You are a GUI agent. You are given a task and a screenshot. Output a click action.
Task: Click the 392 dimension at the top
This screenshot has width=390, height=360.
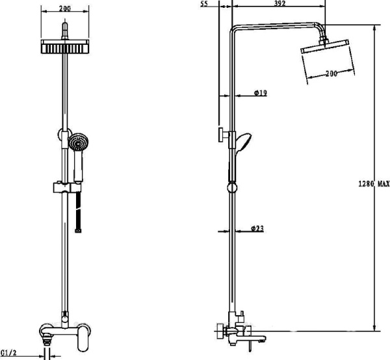point(279,3)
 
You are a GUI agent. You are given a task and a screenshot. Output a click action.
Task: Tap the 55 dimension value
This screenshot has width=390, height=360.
point(203,4)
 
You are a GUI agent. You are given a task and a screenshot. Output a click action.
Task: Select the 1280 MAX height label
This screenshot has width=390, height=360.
point(374,184)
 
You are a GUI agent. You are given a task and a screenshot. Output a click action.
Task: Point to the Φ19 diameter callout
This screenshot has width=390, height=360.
point(261,93)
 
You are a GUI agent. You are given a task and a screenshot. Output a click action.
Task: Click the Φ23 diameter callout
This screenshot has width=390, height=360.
point(257,228)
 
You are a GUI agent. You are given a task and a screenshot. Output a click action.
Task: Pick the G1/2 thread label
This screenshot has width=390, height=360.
point(8,353)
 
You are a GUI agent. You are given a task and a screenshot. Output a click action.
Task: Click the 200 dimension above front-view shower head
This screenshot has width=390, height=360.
point(65,8)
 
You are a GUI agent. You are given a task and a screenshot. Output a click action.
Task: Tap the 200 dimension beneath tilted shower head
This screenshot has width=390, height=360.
point(331,73)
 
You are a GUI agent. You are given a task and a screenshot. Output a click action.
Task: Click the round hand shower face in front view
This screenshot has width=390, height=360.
point(79,142)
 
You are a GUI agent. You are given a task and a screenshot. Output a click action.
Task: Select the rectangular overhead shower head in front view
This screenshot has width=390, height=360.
point(65,47)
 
